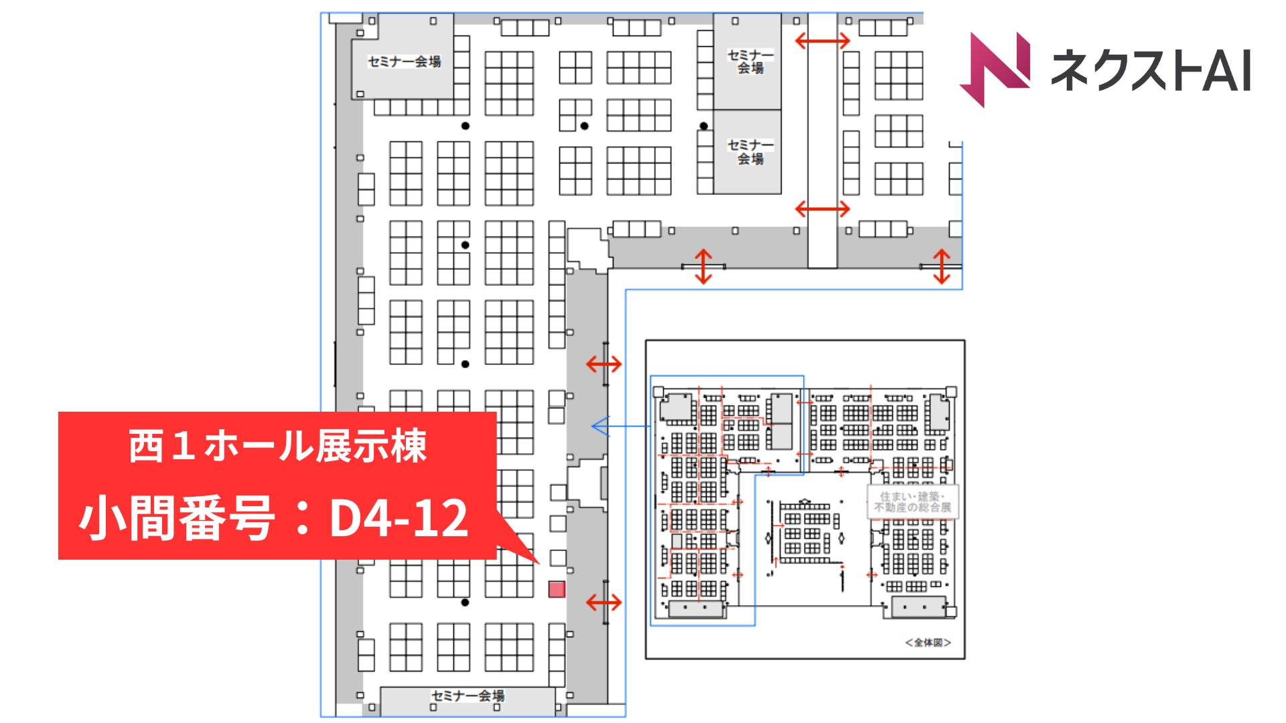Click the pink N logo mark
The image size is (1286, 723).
click(995, 68)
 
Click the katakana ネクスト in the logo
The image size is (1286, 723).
click(1125, 70)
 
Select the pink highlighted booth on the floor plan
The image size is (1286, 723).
click(557, 589)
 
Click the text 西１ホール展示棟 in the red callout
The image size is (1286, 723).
click(277, 447)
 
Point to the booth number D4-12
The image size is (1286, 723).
click(399, 518)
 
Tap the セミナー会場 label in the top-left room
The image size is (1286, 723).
click(404, 62)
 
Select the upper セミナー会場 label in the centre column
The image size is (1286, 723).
click(750, 61)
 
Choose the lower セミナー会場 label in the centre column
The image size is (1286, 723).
click(750, 152)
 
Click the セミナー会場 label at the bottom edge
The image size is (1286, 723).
click(468, 696)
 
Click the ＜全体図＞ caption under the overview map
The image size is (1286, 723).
click(928, 643)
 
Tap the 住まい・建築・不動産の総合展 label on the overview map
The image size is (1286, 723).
click(912, 502)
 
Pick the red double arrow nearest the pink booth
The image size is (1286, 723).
click(603, 602)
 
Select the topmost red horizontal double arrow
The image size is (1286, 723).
click(822, 41)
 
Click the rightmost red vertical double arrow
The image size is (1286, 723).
click(942, 266)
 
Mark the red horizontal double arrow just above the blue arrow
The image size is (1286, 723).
click(603, 364)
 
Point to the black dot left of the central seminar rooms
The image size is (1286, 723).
click(703, 126)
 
